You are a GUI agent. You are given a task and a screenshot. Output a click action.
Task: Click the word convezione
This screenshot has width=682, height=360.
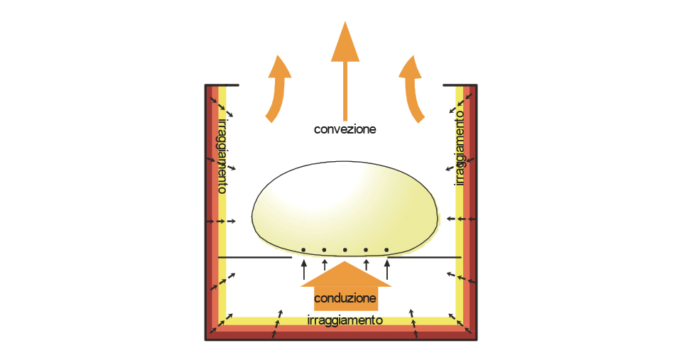345,129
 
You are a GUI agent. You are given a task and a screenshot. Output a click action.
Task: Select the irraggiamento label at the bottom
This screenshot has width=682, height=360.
345,320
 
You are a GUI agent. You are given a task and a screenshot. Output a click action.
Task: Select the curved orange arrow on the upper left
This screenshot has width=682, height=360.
276,88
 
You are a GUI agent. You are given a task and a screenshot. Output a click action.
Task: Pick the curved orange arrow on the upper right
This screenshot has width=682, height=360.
414,88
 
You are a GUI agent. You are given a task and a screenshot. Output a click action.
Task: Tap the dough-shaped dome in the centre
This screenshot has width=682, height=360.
345,206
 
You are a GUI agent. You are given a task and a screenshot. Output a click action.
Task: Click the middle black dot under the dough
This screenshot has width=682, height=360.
345,250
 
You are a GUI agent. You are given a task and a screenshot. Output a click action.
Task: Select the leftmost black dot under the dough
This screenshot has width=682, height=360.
303,250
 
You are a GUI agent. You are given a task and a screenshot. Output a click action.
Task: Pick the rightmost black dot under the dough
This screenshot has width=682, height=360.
386,250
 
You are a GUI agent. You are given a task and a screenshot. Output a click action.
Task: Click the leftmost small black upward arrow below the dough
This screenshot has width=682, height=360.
303,269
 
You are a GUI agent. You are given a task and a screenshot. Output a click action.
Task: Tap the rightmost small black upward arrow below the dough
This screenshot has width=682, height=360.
387,269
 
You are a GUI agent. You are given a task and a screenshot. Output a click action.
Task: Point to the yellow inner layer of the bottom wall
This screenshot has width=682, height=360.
341,320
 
